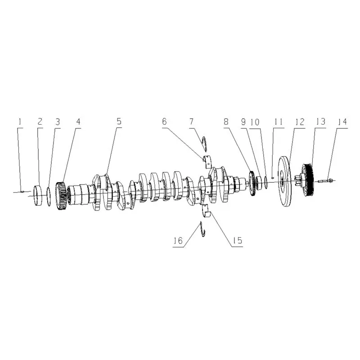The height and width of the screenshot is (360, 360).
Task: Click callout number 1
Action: click(x=20, y=121)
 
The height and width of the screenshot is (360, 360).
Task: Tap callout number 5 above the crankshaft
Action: click(x=119, y=121)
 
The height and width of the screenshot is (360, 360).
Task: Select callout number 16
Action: click(x=178, y=241)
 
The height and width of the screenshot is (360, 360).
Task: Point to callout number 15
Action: click(x=238, y=240)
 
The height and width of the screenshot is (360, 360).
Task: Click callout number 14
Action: click(x=342, y=122)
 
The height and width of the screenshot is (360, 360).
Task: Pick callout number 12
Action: click(x=300, y=121)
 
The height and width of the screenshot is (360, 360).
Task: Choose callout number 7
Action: click(x=192, y=121)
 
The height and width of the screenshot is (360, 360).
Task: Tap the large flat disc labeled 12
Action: click(x=284, y=181)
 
